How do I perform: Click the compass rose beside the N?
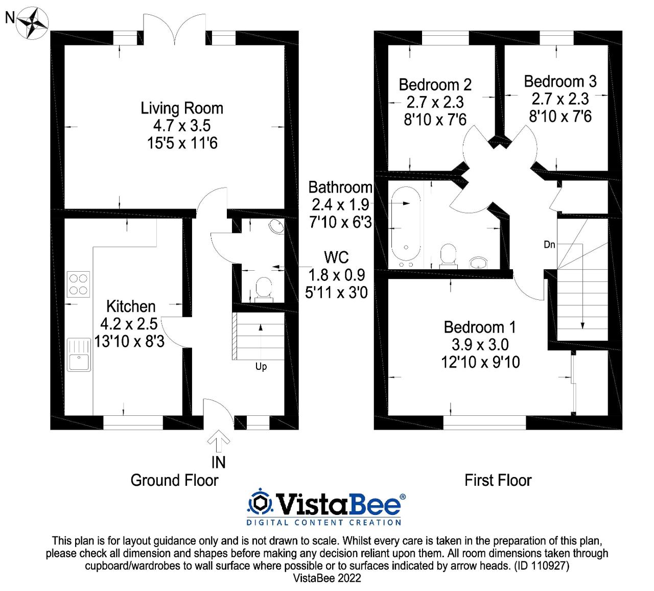click(x=32, y=22)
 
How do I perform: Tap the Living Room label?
click(x=182, y=108)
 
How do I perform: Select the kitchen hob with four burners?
click(x=78, y=285)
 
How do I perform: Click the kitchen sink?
click(x=79, y=354)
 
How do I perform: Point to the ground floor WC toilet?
click(x=264, y=289)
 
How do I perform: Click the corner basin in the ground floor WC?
click(x=276, y=226)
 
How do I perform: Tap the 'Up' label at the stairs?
click(x=261, y=366)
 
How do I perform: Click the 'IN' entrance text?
click(x=218, y=462)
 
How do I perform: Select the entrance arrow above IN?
click(x=219, y=440)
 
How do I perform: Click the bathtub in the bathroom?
click(x=406, y=225)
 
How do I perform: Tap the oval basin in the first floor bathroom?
click(x=479, y=263)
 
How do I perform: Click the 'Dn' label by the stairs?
click(x=549, y=245)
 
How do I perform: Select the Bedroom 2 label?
click(x=435, y=85)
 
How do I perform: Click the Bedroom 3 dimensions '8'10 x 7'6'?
click(x=560, y=116)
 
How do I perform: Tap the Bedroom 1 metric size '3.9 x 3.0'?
click(x=480, y=345)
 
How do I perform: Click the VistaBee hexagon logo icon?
click(x=260, y=503)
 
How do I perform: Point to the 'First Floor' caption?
click(x=498, y=480)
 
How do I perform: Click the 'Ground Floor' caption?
click(x=174, y=480)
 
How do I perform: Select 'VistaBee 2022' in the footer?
click(x=327, y=578)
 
